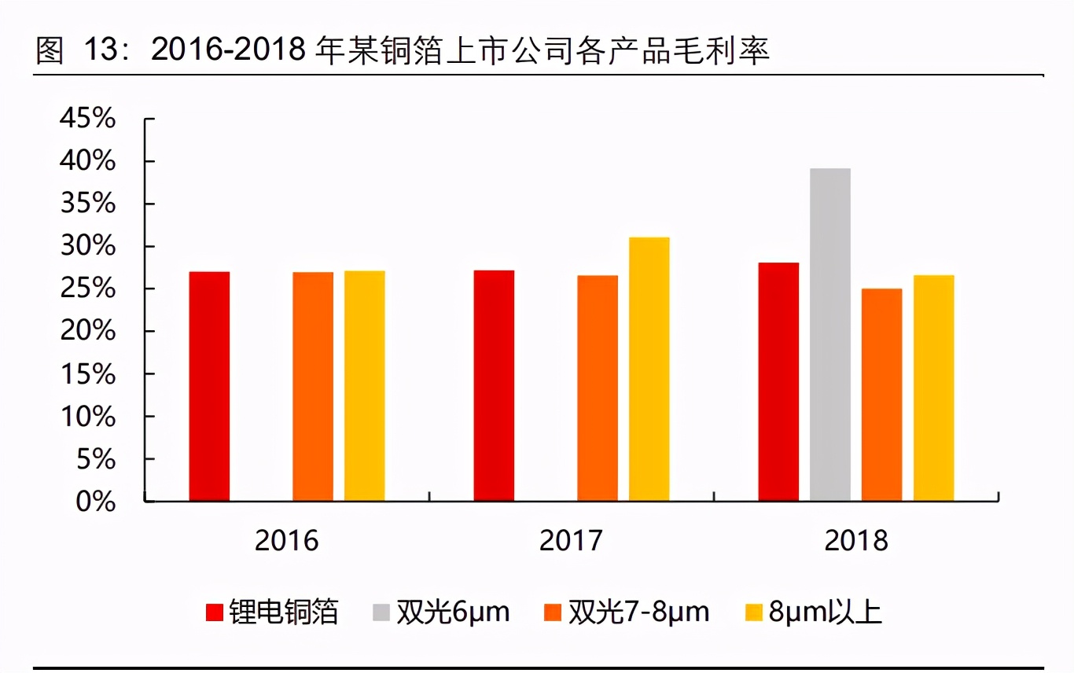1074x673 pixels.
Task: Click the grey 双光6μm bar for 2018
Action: point(829,335)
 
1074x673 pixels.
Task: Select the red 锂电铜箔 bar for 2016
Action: point(209,387)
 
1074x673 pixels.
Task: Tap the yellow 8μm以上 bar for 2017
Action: point(649,370)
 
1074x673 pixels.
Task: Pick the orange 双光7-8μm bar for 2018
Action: point(881,395)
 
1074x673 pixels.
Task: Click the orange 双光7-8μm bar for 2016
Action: point(313,387)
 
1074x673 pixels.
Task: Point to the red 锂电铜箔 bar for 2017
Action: point(494,386)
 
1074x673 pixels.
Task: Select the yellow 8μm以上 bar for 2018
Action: point(933,388)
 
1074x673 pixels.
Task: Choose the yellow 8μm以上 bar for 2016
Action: point(365,386)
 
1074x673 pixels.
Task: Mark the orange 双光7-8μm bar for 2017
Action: point(598,388)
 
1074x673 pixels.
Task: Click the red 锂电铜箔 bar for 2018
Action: point(778,382)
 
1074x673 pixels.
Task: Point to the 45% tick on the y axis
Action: point(87,120)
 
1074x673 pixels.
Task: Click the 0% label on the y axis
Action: point(95,502)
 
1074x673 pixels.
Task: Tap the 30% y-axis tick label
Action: point(87,247)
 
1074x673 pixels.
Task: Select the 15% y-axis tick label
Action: point(87,374)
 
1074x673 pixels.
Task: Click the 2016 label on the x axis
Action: point(287,541)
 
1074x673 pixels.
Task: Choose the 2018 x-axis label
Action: point(856,541)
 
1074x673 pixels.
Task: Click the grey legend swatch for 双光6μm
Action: point(381,612)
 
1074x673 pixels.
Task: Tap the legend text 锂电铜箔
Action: point(284,612)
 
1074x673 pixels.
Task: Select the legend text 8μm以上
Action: point(826,612)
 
